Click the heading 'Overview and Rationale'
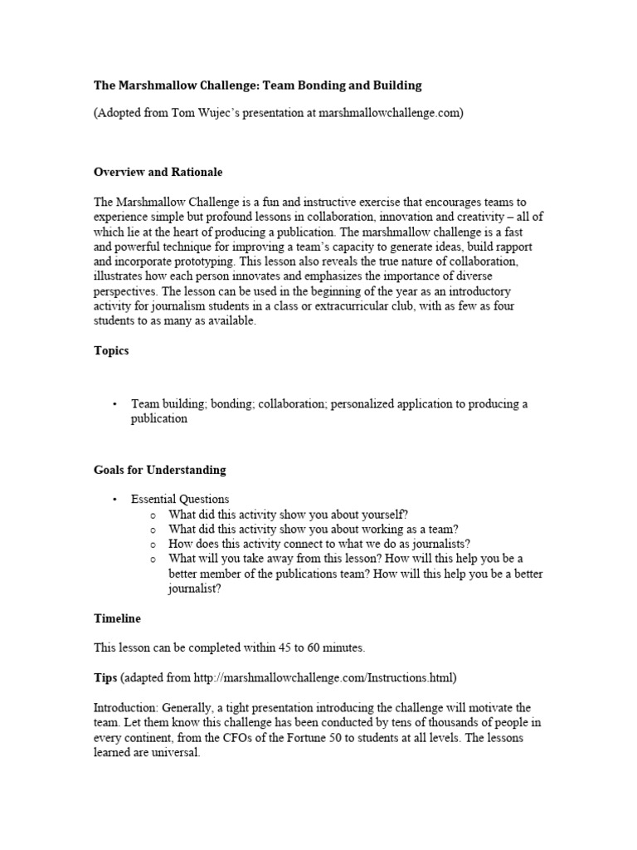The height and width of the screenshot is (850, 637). click(158, 172)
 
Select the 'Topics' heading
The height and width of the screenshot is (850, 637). click(111, 351)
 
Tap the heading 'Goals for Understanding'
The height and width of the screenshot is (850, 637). click(159, 470)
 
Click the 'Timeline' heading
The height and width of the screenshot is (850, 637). click(117, 618)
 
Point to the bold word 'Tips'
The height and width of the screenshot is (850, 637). click(105, 678)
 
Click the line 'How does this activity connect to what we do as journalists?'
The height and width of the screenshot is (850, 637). click(319, 544)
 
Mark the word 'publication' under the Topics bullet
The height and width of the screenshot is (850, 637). click(159, 419)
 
